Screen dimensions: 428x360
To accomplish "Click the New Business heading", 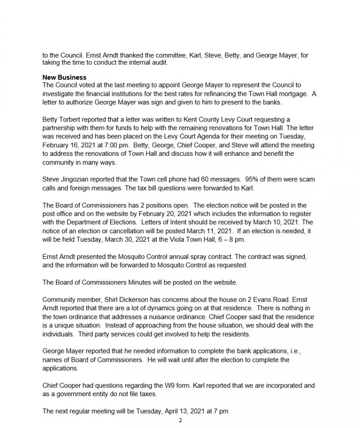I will tap(65, 77).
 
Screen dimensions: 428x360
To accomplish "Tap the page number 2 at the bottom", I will tap(180, 420).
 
